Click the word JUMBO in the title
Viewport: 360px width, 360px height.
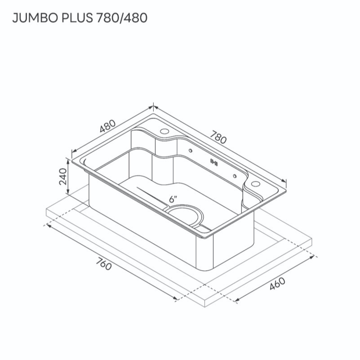click(x=35, y=18)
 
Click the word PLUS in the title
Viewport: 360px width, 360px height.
click(x=77, y=18)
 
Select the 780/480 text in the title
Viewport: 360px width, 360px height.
click(x=122, y=18)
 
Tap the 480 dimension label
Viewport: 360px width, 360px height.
click(x=107, y=126)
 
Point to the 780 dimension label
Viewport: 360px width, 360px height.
click(x=218, y=137)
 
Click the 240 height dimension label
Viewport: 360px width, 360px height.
click(x=62, y=177)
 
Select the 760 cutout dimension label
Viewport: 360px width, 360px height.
click(x=103, y=264)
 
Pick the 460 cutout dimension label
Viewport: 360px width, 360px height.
click(x=277, y=284)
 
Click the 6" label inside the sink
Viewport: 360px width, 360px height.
click(x=173, y=199)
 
